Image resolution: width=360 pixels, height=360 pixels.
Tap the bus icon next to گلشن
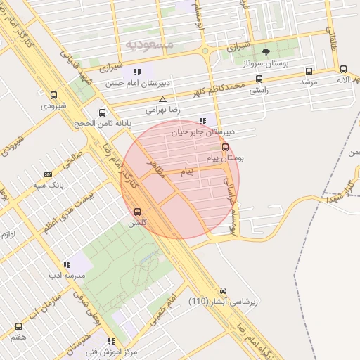[136, 211]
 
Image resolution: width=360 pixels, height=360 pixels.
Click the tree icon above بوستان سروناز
[266, 52]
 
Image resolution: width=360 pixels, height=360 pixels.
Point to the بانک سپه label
[49, 186]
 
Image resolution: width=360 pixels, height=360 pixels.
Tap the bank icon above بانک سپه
[48, 174]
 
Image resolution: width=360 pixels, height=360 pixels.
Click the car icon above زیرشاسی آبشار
[223, 290]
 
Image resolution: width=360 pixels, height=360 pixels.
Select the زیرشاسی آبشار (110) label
[223, 302]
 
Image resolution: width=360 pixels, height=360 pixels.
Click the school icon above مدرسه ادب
[67, 264]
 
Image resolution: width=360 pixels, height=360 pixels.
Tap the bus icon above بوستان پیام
[225, 147]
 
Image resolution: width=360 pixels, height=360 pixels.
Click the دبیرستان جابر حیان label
[203, 132]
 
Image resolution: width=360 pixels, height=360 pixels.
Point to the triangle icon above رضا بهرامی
[163, 99]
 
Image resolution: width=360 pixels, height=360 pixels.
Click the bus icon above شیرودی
[53, 94]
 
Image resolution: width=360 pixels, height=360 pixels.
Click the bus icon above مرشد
[309, 70]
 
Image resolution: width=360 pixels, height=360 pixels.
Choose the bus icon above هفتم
[18, 326]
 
